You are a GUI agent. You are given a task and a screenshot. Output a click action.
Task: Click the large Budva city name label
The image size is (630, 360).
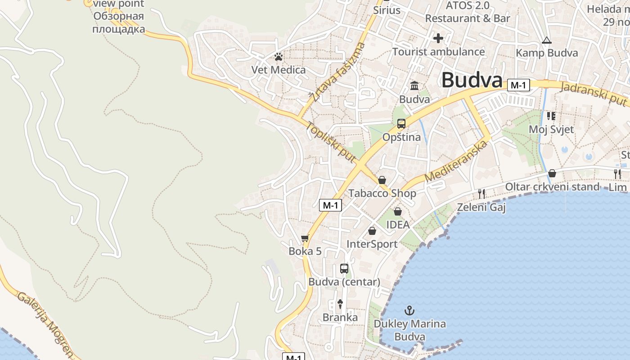[x=472, y=80]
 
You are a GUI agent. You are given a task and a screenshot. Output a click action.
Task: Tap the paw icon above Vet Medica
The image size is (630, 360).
[x=279, y=57]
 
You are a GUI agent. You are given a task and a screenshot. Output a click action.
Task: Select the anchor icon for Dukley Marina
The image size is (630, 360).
[x=409, y=310]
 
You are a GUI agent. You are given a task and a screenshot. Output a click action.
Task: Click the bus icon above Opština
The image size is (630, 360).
[x=401, y=124]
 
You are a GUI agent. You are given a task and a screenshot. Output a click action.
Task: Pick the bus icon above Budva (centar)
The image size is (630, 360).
[x=344, y=269]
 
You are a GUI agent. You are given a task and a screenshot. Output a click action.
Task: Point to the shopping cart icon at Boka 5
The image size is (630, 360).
[x=305, y=238]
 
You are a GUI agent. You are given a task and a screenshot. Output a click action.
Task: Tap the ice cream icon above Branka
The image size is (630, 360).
[x=340, y=304]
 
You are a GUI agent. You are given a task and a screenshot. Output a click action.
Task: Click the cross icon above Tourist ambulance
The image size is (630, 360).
[x=438, y=38]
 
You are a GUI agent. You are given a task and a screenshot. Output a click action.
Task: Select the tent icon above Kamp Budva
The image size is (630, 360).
[x=546, y=40]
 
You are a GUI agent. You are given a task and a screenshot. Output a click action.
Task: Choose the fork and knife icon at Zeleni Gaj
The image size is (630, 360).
[x=482, y=194]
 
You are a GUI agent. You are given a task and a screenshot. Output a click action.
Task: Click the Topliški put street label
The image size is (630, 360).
[x=331, y=142]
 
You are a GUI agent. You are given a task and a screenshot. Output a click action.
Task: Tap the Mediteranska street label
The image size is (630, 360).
[x=456, y=161]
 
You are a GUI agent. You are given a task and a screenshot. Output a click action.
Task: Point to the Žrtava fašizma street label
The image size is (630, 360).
[x=337, y=72]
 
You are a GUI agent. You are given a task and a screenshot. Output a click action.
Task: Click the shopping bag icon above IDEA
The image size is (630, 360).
[x=398, y=211]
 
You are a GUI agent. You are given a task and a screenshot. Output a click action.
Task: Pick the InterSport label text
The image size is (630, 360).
[x=372, y=244]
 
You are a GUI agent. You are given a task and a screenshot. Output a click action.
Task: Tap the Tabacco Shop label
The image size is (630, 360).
[x=382, y=193]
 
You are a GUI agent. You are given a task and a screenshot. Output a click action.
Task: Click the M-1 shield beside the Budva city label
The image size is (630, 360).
[x=518, y=85]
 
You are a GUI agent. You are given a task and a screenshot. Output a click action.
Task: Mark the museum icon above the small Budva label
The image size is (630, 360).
[x=414, y=85]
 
